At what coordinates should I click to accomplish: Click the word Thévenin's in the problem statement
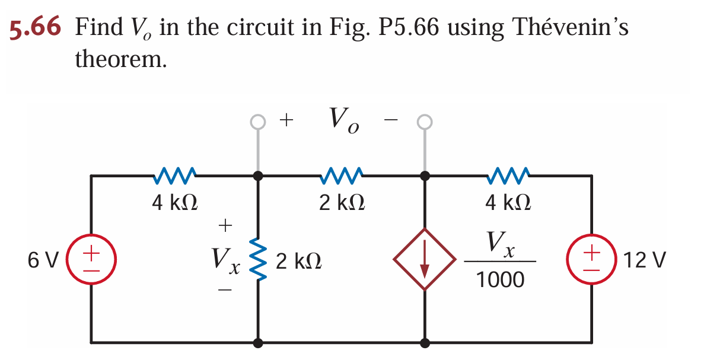569,28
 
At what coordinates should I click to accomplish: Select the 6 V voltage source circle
91,259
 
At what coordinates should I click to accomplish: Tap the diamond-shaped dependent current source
425,259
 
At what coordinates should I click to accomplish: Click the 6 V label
43,260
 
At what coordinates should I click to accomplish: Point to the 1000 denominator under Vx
501,279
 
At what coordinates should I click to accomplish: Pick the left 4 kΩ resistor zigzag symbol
175,175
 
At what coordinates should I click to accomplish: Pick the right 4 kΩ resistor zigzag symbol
508,175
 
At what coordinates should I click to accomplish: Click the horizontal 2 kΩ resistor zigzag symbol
342,175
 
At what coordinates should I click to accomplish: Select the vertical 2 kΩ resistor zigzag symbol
258,260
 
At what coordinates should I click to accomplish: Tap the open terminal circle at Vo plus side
257,122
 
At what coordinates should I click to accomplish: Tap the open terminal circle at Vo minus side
425,122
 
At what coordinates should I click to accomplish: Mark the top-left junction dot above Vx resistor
258,176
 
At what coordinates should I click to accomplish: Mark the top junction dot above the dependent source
425,176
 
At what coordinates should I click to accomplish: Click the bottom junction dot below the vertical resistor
258,342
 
